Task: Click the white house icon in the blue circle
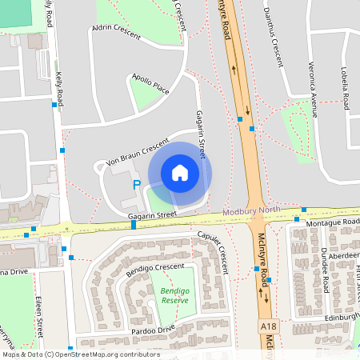click(179, 173)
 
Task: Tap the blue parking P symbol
click(136, 186)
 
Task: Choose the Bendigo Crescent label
click(154, 270)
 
